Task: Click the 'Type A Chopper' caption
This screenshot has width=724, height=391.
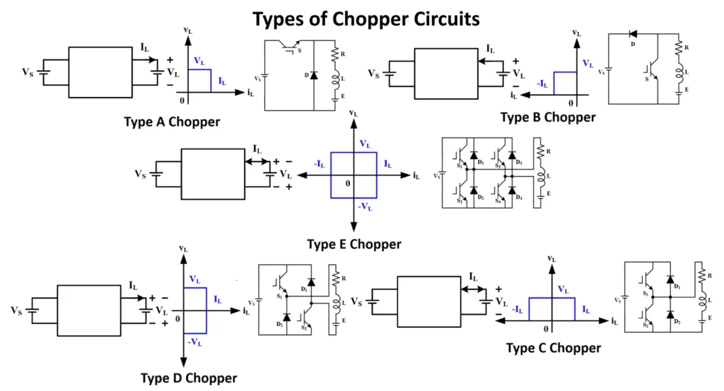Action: [172, 122]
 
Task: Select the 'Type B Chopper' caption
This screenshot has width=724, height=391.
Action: [548, 117]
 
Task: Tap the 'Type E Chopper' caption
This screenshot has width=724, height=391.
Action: [354, 244]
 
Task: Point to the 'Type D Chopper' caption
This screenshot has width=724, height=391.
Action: [189, 378]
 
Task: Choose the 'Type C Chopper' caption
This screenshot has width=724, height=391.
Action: [554, 348]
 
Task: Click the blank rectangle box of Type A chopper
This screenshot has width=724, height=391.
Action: [100, 72]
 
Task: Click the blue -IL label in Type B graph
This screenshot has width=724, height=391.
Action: [542, 83]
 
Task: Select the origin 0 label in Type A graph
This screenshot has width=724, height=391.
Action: [181, 99]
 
